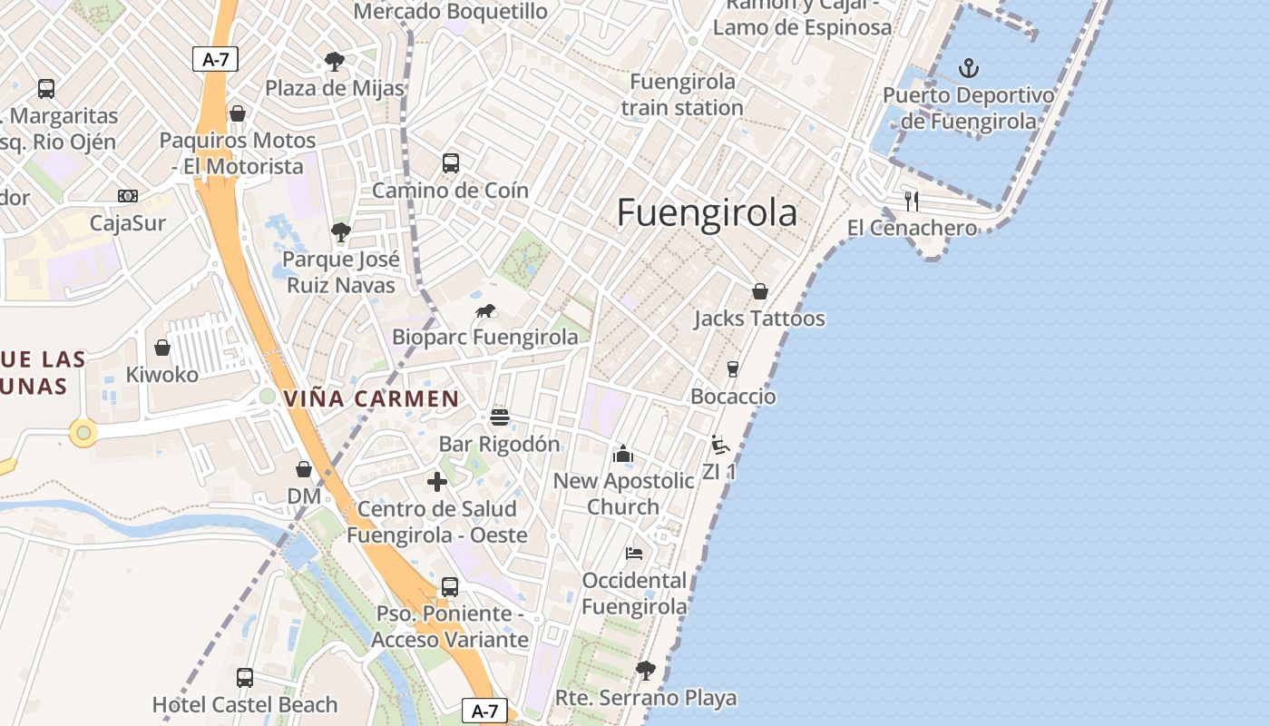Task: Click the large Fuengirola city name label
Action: (x=707, y=212)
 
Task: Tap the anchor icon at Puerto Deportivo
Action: (x=969, y=68)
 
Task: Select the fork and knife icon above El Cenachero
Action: (x=912, y=201)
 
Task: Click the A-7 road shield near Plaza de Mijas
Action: (x=215, y=60)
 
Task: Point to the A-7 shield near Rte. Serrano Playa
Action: (x=484, y=711)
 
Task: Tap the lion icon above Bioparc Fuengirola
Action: (x=485, y=311)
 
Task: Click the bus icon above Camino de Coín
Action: (x=450, y=163)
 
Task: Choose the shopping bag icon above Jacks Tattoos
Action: (x=760, y=291)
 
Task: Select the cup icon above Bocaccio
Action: (x=733, y=369)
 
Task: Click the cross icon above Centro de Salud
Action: (x=437, y=482)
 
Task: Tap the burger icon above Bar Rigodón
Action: (x=499, y=417)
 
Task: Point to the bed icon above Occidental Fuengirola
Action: (x=634, y=553)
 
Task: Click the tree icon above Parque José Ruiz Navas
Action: (x=341, y=232)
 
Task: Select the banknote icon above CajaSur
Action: (x=128, y=196)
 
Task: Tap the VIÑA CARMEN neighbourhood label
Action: (x=372, y=398)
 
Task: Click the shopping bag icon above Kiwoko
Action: (x=162, y=348)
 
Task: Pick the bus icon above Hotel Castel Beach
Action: (x=244, y=677)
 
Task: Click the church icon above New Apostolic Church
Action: (x=623, y=454)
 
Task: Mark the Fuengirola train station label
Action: (x=682, y=94)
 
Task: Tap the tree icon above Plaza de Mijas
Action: (x=335, y=62)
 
